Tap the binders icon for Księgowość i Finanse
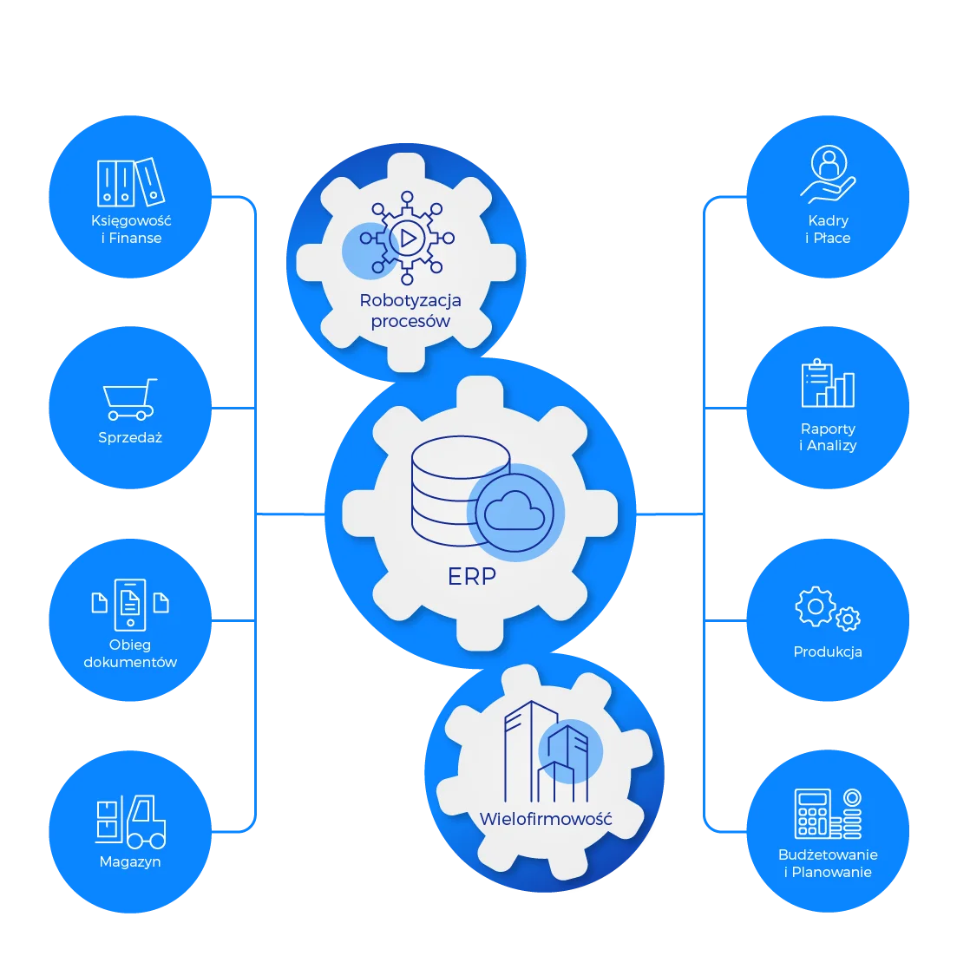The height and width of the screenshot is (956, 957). (x=130, y=182)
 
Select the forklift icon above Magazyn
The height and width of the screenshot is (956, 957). (x=131, y=821)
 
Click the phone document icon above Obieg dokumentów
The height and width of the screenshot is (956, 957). (x=130, y=604)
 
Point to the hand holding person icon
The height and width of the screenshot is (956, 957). (x=829, y=174)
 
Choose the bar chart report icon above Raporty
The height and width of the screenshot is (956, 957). (x=828, y=383)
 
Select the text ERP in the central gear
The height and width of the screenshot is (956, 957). (x=472, y=576)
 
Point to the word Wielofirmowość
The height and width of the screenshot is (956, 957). (x=546, y=819)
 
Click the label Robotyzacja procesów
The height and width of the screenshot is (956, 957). (x=410, y=311)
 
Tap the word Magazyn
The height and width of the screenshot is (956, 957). (x=130, y=861)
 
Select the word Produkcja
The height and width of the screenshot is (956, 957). (x=828, y=652)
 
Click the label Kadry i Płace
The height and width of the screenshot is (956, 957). (x=828, y=229)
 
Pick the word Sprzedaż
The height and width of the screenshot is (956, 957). (x=130, y=437)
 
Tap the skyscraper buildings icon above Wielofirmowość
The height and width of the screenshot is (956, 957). (x=547, y=751)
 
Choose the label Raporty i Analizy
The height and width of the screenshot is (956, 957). (x=828, y=436)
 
